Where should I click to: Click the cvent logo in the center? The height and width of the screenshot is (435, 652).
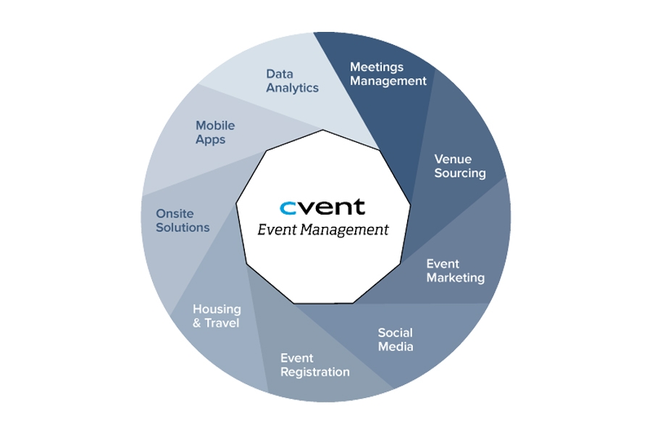click(x=322, y=207)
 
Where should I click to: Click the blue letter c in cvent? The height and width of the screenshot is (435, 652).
click(x=288, y=208)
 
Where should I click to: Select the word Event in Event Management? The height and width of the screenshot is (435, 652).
click(x=276, y=230)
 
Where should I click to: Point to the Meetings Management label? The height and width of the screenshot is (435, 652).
click(x=388, y=74)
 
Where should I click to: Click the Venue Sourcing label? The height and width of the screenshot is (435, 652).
click(x=459, y=166)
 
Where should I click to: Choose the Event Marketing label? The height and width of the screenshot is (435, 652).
click(x=455, y=270)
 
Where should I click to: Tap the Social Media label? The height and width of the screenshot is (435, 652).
click(x=396, y=339)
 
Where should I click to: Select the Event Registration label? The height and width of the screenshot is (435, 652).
click(x=314, y=365)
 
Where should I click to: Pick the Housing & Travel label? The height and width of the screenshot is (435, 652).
click(x=216, y=316)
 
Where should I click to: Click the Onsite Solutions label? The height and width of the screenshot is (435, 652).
click(x=183, y=220)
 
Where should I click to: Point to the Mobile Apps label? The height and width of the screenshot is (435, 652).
click(x=215, y=133)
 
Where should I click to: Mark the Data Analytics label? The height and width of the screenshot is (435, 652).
click(x=292, y=80)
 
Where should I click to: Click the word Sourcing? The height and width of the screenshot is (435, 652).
click(x=460, y=173)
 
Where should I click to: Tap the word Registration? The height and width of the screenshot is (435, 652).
click(x=314, y=372)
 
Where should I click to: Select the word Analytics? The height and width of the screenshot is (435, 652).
click(x=292, y=88)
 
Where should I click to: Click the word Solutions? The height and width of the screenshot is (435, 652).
click(x=183, y=228)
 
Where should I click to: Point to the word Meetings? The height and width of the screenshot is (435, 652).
click(x=376, y=67)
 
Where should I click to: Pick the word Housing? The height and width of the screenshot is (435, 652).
click(x=217, y=309)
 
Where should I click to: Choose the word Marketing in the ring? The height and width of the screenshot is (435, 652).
click(x=455, y=278)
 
